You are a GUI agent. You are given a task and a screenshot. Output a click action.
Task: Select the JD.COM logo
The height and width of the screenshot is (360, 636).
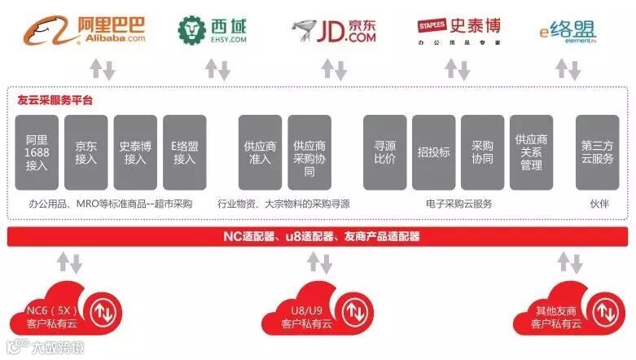click(334, 30)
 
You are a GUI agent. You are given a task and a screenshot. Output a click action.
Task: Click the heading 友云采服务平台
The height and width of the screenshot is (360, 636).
click(55, 101)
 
